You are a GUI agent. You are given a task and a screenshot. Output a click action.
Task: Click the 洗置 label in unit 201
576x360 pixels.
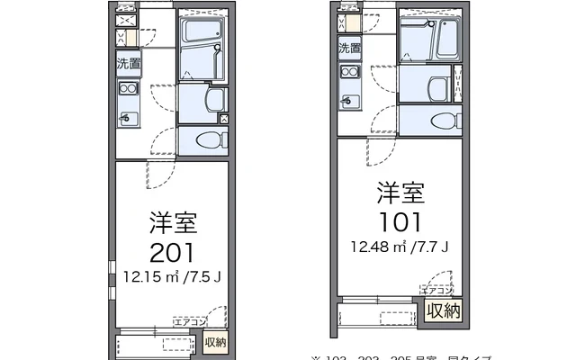click(x=129, y=64)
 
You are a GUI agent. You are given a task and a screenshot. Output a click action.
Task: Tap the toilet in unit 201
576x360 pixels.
click(x=209, y=140)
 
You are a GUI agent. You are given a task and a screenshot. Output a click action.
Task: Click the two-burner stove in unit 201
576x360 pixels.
click(x=128, y=88)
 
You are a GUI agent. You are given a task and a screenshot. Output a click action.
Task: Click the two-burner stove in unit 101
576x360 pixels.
click(x=349, y=73)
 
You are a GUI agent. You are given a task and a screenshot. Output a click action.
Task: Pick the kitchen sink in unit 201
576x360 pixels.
click(x=128, y=117)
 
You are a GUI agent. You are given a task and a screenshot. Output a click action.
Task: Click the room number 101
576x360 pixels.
click(x=400, y=221)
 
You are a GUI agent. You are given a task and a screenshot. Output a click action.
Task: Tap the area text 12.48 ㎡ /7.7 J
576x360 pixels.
click(x=400, y=247)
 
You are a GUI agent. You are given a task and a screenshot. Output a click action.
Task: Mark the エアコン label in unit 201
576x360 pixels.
click(x=190, y=321)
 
